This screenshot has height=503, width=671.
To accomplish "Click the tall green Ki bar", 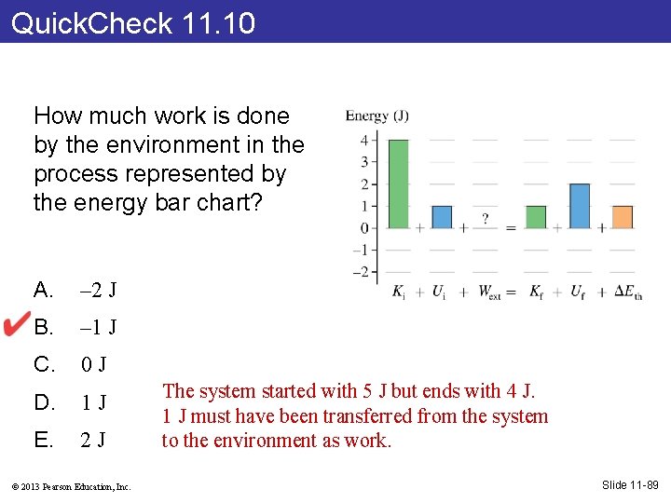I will point(398,184).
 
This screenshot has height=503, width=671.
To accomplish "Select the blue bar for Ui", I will point(442,217).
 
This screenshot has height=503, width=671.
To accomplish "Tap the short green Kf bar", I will point(536,217).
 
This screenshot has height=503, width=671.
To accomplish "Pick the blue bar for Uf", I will point(579,206).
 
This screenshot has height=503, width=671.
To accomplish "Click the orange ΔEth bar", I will point(623,217).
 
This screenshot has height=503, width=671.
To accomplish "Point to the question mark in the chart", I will point(485,219).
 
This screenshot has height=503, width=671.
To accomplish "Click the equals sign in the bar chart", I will point(511,228).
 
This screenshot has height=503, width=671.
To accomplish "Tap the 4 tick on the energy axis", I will point(365,140).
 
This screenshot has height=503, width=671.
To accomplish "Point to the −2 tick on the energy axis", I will point(362,272).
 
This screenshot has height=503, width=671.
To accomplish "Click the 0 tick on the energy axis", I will point(365,228).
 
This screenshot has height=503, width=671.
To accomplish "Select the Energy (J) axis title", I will point(377,116).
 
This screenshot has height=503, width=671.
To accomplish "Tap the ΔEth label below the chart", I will point(628,292).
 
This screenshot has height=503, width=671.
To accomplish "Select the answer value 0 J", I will point(94,364).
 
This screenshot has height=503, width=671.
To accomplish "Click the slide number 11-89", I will point(630,484).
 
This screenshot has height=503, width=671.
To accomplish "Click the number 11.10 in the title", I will point(219,22).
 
